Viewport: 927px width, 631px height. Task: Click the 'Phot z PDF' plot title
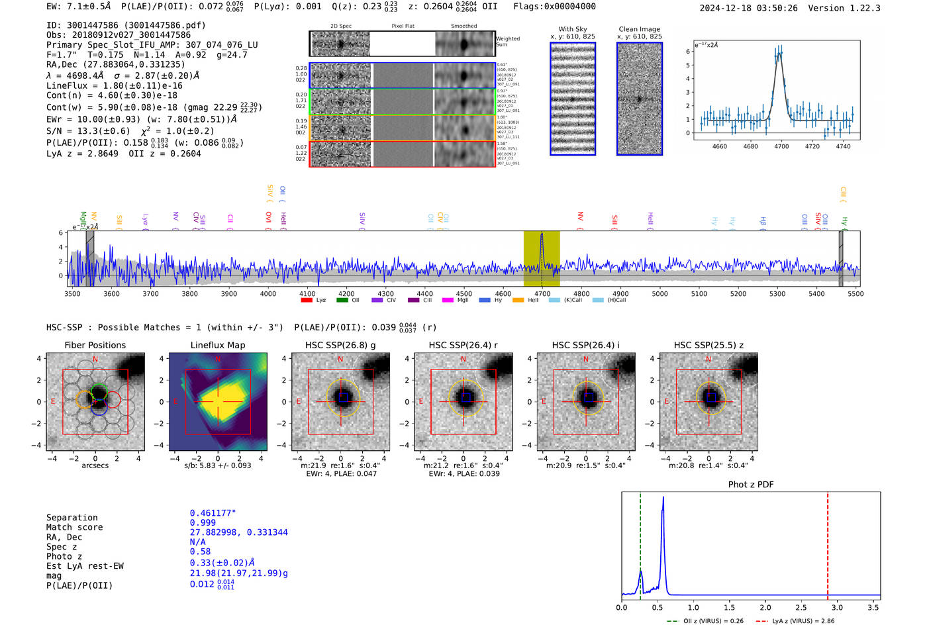[751, 485]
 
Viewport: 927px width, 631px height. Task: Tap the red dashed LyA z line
[828, 543]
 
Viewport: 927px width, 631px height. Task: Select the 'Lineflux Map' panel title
[217, 345]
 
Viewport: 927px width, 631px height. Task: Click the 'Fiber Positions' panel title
[95, 345]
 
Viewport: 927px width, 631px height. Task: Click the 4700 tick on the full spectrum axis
[542, 293]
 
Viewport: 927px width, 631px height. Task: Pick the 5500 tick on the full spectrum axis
[855, 293]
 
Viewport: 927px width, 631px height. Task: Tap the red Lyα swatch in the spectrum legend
[307, 301]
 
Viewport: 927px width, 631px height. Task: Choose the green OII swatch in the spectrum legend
[342, 301]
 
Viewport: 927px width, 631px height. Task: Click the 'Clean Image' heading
[639, 29]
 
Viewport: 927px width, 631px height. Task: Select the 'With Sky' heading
[572, 29]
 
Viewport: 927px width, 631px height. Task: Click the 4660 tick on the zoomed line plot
[719, 146]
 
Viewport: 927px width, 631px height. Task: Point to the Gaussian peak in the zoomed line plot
[779, 54]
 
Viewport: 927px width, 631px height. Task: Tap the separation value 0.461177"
[213, 513]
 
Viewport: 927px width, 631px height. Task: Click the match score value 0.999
[203, 522]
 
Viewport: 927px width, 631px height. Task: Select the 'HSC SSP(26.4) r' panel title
[463, 345]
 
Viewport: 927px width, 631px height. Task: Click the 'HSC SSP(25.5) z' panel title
[708, 345]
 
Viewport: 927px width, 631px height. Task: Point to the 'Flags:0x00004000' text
[554, 7]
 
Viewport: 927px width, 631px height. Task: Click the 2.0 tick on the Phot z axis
[765, 607]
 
